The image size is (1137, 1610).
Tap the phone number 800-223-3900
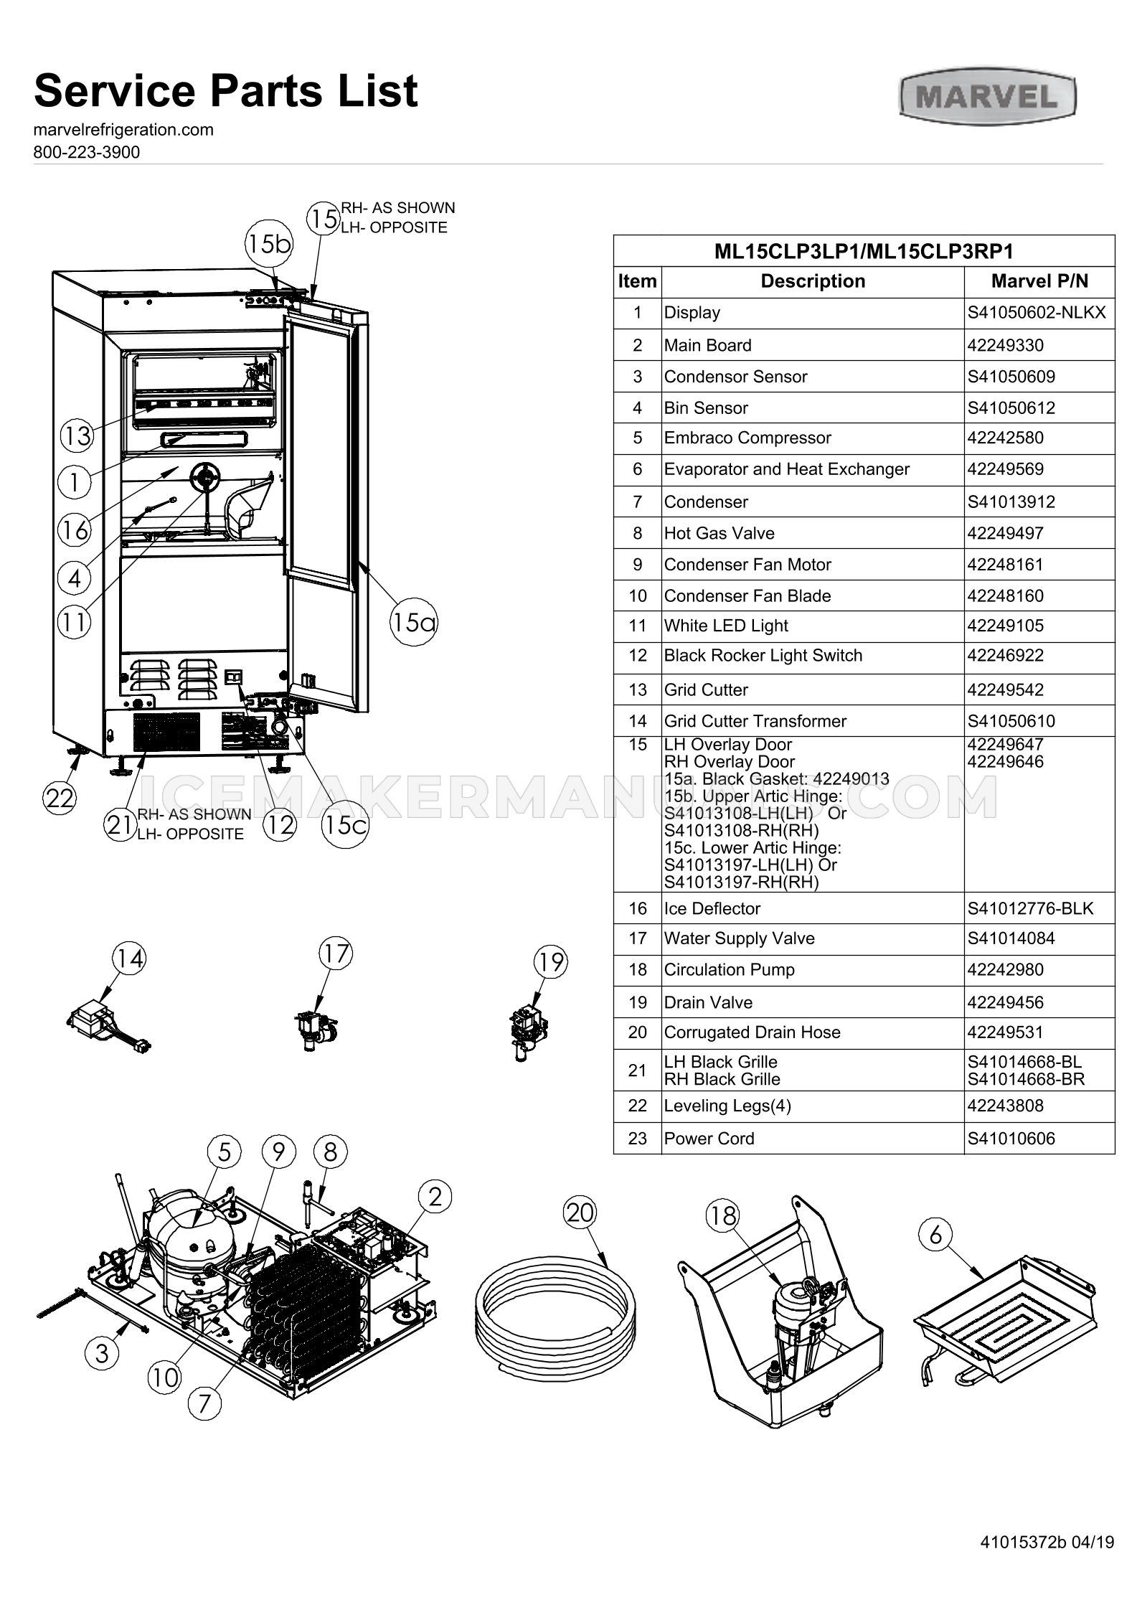click(87, 152)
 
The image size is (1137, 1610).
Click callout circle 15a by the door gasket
click(413, 621)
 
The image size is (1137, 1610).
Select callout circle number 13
click(76, 435)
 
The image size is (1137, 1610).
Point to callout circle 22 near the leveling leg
click(60, 798)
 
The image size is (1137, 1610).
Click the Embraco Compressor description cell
click(747, 438)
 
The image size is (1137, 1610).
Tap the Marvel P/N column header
click(1039, 281)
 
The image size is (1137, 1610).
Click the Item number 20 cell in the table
click(637, 1032)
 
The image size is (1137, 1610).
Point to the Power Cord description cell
click(709, 1139)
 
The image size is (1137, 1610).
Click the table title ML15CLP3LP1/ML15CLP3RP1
click(864, 252)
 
